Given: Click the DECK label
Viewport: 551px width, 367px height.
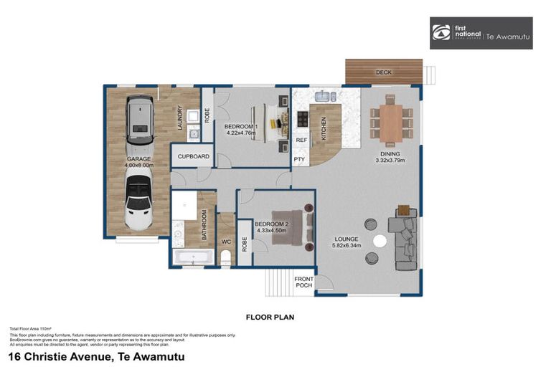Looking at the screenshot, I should (x=384, y=72).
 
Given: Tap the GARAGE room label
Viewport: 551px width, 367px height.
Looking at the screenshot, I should (x=140, y=159).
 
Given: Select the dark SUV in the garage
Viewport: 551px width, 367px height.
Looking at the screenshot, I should (x=140, y=119).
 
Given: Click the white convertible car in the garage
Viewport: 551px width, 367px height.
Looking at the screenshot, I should (x=138, y=203).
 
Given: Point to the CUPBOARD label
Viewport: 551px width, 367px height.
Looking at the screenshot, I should (x=193, y=156).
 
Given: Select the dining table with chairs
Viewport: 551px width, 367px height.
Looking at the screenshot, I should (x=391, y=123).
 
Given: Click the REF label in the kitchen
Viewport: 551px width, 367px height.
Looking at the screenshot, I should (x=301, y=140).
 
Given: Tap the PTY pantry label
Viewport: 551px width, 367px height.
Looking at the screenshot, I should (x=299, y=158).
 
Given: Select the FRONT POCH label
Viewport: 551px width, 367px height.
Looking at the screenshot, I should (x=304, y=282).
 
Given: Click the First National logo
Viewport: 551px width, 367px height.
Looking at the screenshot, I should (x=481, y=33).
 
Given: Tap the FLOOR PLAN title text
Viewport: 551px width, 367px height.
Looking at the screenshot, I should (x=270, y=316).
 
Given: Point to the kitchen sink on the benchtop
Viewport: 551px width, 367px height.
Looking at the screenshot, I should (x=323, y=95).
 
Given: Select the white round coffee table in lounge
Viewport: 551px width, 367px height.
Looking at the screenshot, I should (x=380, y=242).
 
